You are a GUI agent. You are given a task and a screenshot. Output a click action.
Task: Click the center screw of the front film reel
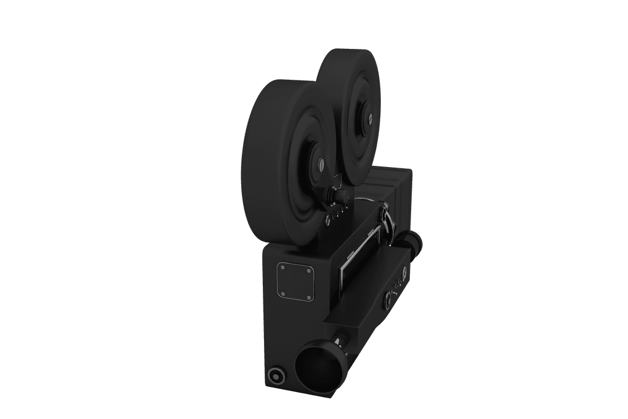click(x=320, y=165)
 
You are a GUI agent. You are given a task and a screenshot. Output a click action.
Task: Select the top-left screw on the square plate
click(x=282, y=266)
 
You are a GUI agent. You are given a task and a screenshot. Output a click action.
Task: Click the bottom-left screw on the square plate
click(x=281, y=294)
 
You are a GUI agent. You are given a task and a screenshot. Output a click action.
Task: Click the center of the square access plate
click(x=297, y=281)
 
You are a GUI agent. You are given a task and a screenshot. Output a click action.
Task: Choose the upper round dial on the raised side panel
click(x=403, y=270)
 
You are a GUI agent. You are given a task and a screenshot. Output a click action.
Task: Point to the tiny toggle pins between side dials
click(x=397, y=286)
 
